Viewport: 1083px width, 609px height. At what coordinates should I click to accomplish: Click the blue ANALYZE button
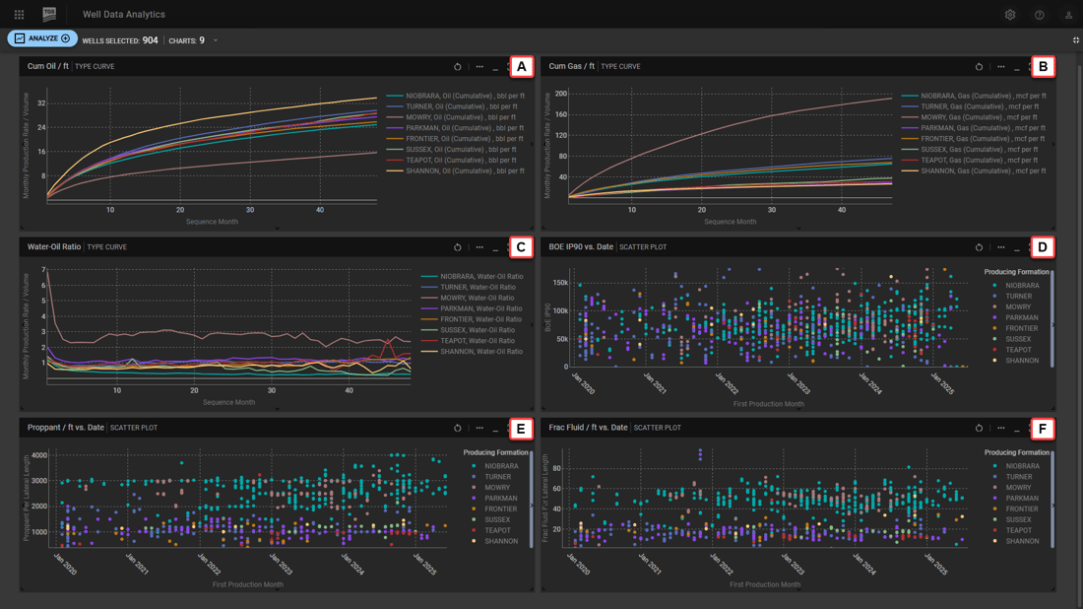[43, 38]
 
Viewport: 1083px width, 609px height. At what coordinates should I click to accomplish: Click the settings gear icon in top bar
[1009, 15]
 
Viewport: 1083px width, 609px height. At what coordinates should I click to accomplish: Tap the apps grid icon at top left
[19, 15]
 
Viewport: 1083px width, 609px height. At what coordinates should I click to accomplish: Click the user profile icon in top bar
[1068, 15]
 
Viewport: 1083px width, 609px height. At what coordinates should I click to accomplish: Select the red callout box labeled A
[521, 66]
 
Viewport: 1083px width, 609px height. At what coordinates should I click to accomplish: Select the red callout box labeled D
[1042, 246]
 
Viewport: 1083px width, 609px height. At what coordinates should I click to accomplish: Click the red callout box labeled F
[1042, 428]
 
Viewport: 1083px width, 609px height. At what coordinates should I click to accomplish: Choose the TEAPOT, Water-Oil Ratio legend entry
[476, 341]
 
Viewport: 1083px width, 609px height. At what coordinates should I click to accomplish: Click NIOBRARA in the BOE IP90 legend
[1022, 286]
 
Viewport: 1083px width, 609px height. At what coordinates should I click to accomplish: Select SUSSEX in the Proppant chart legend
[497, 519]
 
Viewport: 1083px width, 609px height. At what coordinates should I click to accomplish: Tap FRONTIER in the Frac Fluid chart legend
[1022, 508]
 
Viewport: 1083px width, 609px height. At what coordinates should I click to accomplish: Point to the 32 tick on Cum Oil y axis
[41, 103]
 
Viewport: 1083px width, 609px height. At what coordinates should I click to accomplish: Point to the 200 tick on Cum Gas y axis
[561, 95]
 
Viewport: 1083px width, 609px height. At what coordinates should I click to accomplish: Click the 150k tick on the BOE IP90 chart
[558, 283]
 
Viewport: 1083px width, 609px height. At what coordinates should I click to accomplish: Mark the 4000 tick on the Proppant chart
[39, 456]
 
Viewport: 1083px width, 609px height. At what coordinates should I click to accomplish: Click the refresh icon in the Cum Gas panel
[979, 67]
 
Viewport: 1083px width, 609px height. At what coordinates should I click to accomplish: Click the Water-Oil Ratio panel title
[54, 247]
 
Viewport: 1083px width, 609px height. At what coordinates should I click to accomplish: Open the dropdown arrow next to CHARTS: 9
[216, 40]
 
